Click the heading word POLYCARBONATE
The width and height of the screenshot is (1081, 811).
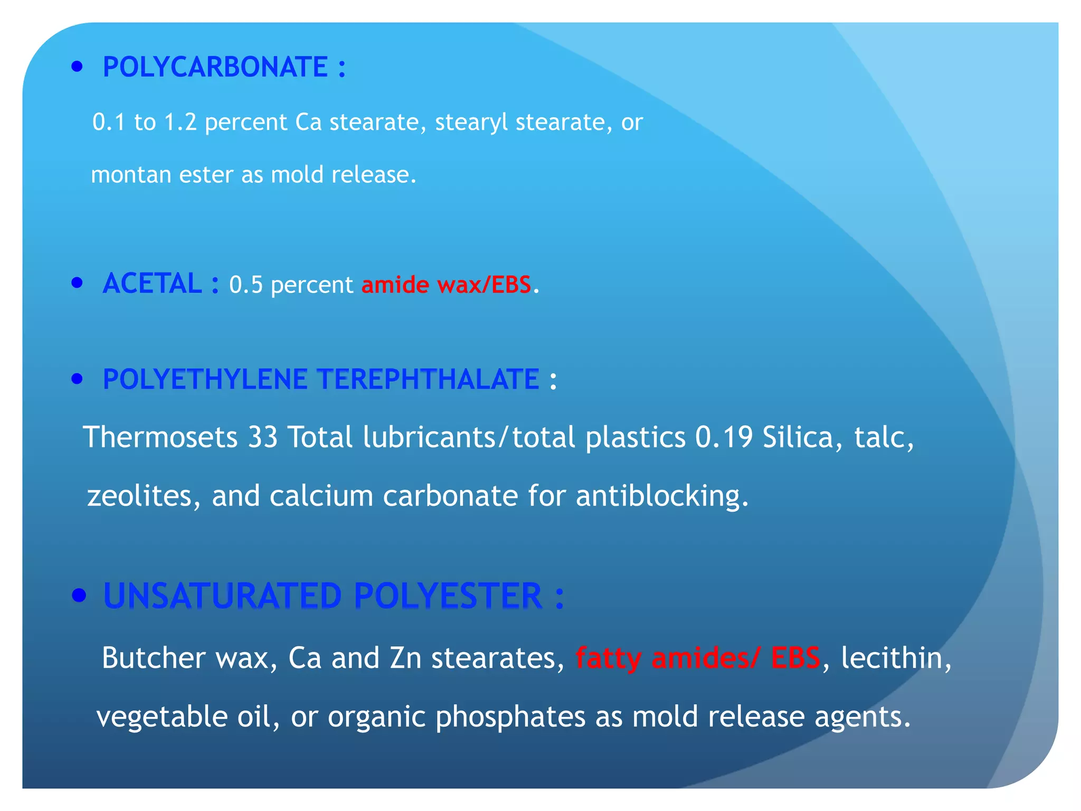pos(215,67)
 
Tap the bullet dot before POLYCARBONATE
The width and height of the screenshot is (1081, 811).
pos(78,67)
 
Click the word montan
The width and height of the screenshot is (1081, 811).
pos(130,175)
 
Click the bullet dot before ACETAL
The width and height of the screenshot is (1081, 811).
pos(78,282)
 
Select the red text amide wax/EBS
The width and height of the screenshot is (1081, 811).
pos(446,285)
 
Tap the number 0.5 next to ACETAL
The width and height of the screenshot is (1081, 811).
pos(245,285)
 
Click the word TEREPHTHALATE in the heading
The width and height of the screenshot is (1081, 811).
pos(428,379)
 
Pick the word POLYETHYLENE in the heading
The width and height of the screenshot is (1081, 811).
pos(205,379)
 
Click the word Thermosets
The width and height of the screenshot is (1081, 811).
pos(160,437)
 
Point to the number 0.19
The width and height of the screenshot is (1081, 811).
pos(724,437)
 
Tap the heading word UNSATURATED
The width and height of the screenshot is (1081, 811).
pos(223,596)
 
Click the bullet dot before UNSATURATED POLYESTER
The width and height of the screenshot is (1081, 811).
pos(79,596)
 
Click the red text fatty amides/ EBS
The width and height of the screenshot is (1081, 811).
pos(698,658)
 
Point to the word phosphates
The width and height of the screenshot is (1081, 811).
pos(510,717)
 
